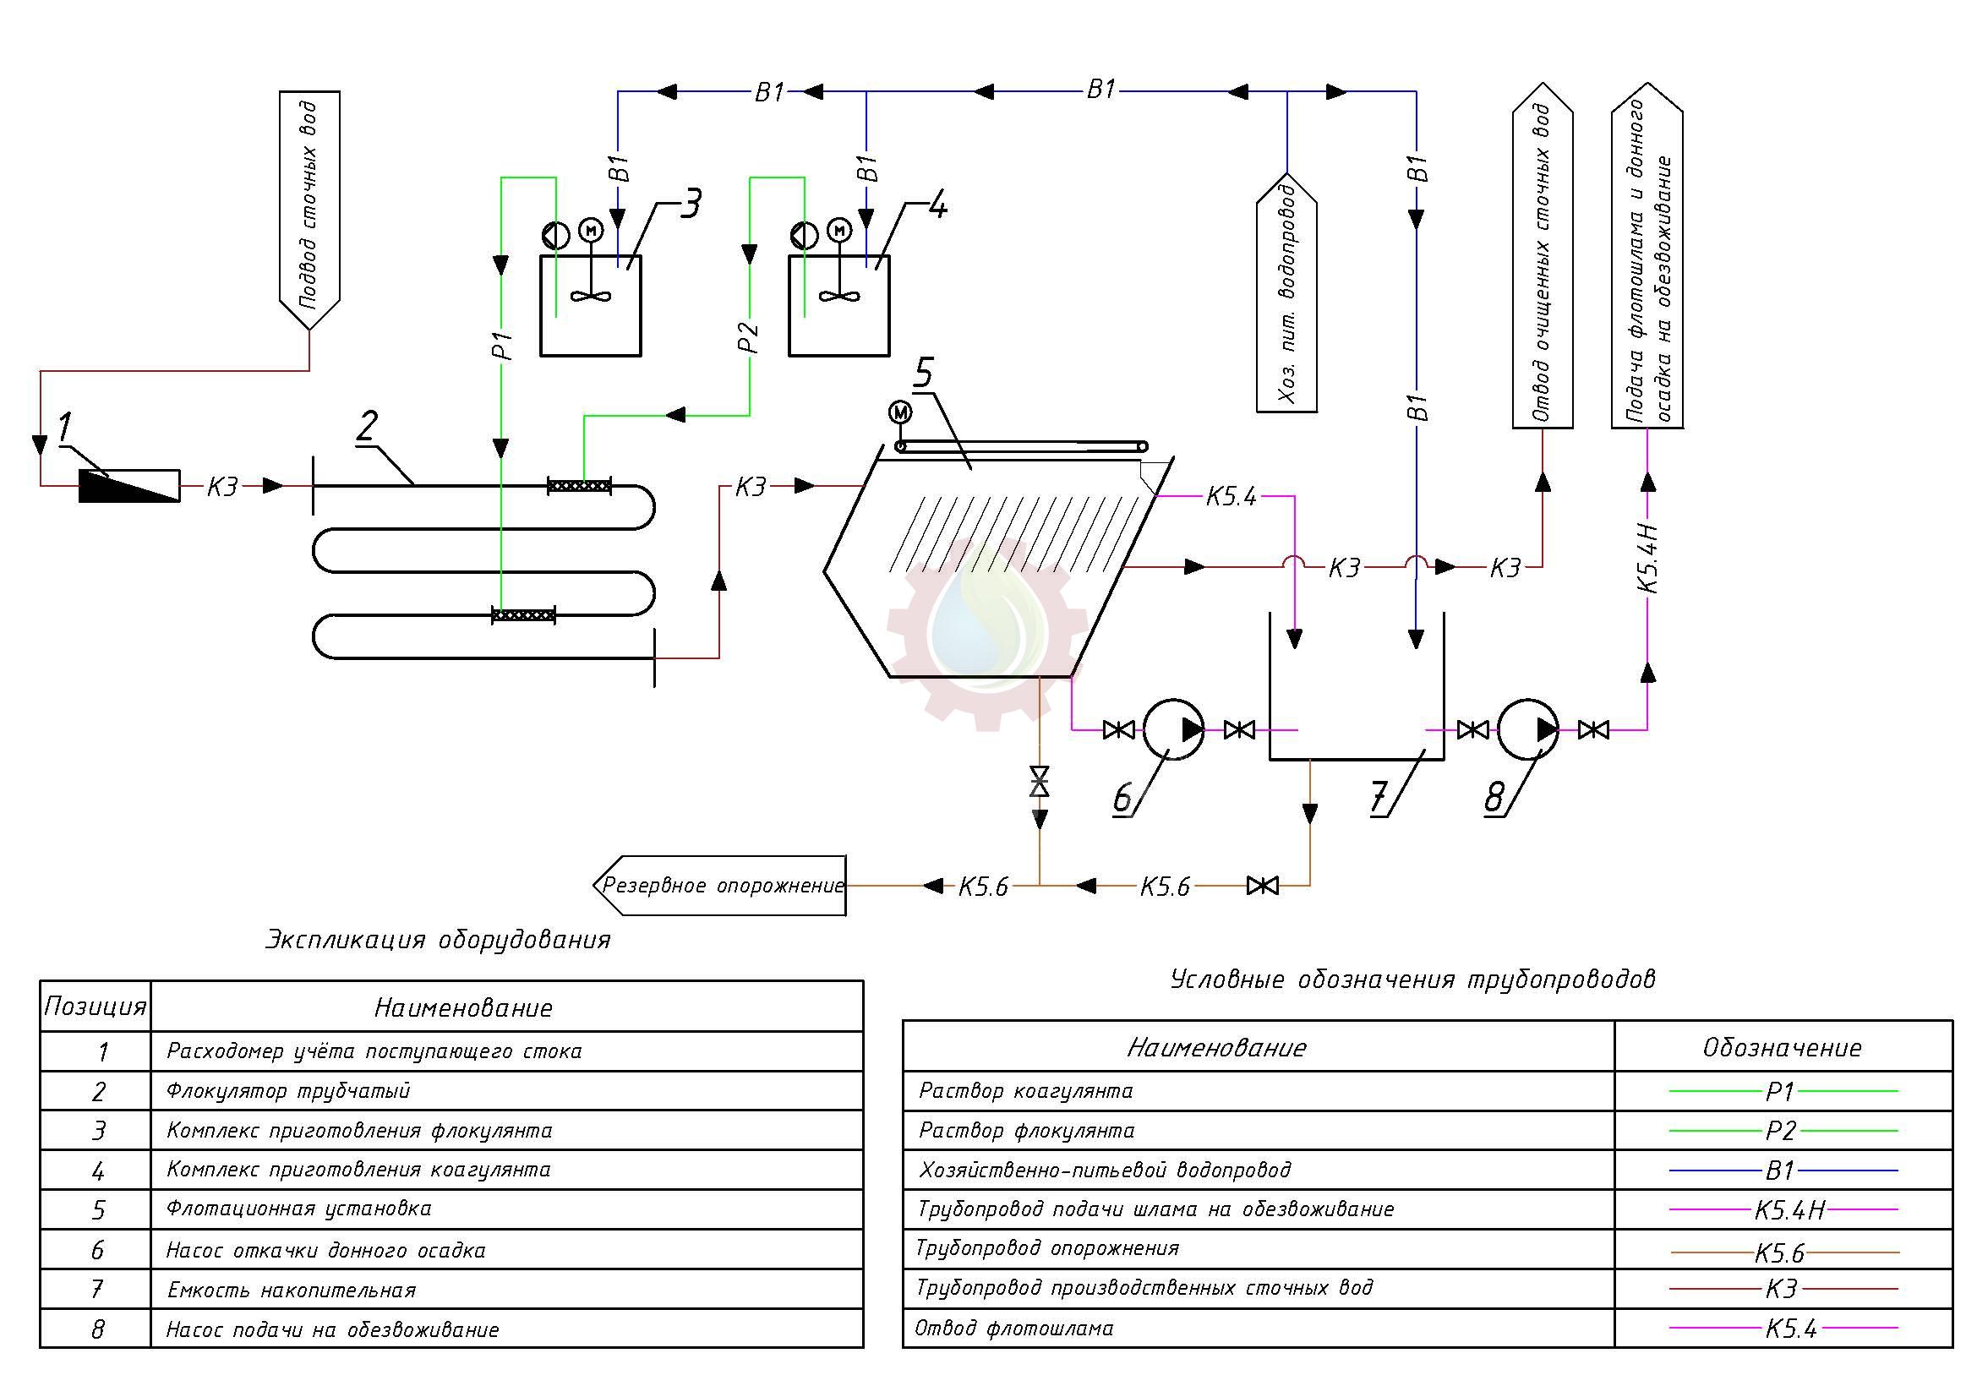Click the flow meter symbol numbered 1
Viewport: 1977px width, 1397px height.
tap(129, 485)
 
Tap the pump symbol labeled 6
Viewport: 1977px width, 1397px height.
tap(1173, 730)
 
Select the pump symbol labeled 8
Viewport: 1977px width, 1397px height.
tap(1527, 730)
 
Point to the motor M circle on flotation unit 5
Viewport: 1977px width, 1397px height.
tap(900, 412)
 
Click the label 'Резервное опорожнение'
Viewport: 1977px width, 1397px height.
tap(722, 885)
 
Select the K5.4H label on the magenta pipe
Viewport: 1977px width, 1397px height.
tap(1647, 559)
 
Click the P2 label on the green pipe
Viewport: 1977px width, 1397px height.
tap(749, 337)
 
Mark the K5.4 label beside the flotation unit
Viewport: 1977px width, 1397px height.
tap(1232, 497)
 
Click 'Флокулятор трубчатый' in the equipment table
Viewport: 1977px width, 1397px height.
tap(288, 1090)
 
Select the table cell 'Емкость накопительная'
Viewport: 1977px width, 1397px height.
tap(291, 1290)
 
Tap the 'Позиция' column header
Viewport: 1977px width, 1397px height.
tap(95, 1007)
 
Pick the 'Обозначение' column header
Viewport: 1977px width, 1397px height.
tap(1782, 1046)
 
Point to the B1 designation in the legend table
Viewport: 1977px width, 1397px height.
tap(1780, 1171)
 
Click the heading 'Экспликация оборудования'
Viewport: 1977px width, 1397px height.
tap(438, 939)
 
